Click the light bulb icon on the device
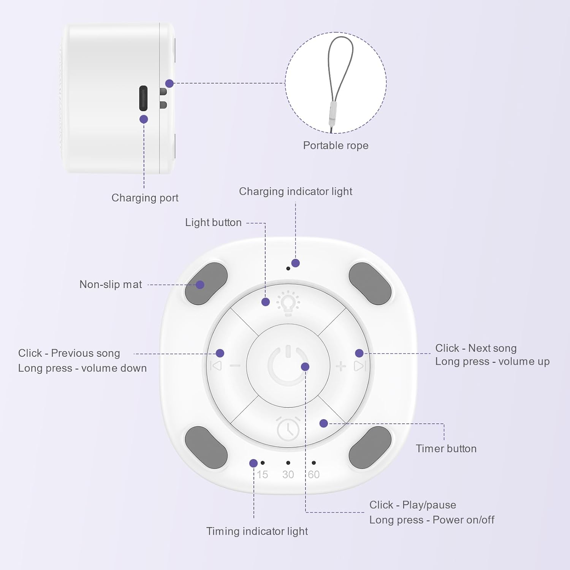tap(288, 303)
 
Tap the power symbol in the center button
tap(288, 365)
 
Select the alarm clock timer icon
tap(288, 429)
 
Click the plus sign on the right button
tap(341, 366)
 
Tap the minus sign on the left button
tap(235, 366)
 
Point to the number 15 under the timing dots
tap(262, 475)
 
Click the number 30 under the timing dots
tap(288, 475)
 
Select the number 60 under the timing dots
tap(313, 475)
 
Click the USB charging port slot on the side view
tap(143, 98)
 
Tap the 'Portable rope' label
tap(336, 146)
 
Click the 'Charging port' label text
tap(145, 198)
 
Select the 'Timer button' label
tap(446, 449)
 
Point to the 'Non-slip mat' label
tap(111, 285)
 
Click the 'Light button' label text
tap(213, 223)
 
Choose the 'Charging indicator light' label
tap(295, 192)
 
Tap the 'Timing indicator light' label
tap(257, 531)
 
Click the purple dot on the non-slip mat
tap(200, 285)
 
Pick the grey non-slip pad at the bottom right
tap(370, 447)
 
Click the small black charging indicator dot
tap(288, 269)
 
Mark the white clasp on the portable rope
tap(333, 113)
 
